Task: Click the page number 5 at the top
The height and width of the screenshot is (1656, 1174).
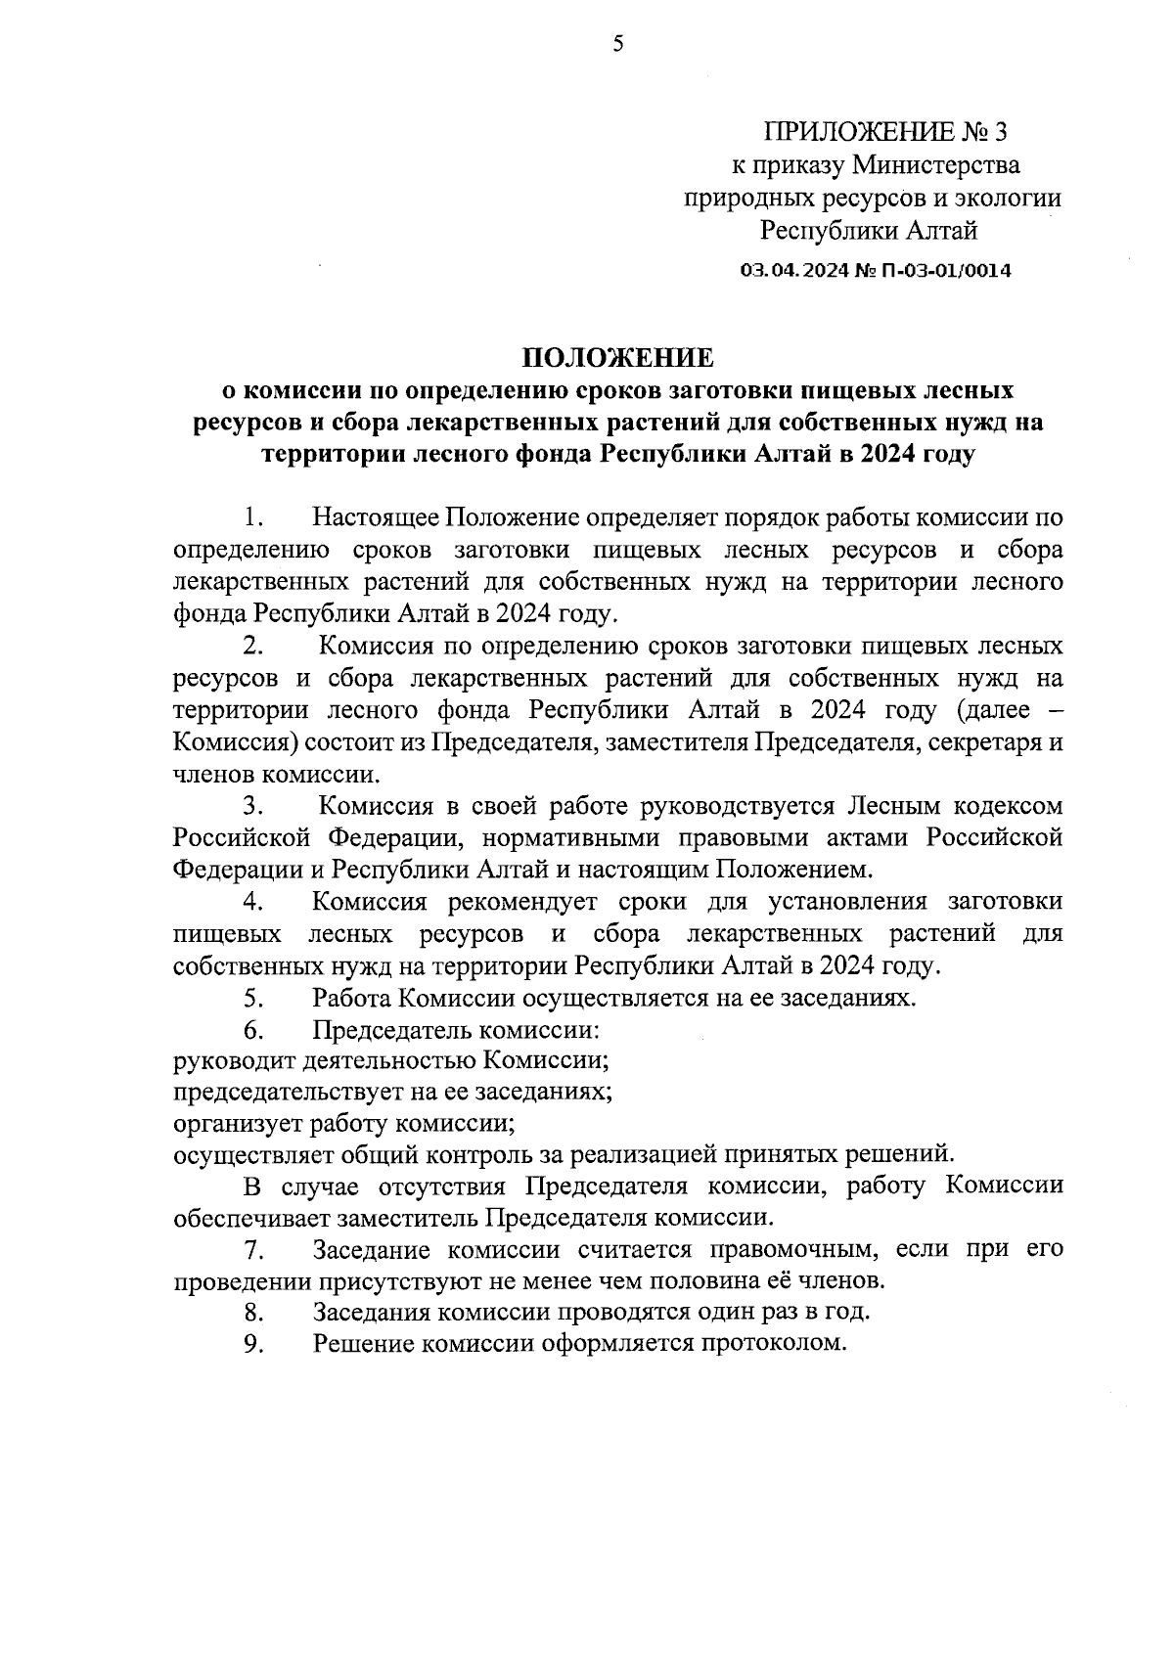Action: coord(616,43)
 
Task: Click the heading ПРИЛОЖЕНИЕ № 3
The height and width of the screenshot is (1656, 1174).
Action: coord(883,131)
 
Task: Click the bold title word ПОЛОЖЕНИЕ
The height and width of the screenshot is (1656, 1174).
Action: coord(617,356)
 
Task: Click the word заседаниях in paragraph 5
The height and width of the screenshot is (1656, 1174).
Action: coord(850,999)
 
